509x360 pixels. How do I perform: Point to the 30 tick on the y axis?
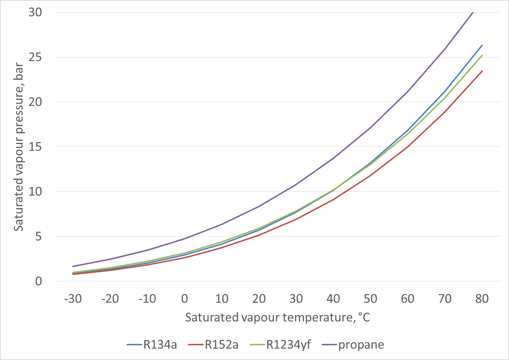coord(36,12)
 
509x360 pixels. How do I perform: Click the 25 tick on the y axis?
coord(36,57)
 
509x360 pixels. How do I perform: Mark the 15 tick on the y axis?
coord(36,147)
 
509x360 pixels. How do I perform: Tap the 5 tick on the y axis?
coord(38,237)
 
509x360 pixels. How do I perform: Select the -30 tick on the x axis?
coord(73,299)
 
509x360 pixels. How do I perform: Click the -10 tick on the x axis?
coord(147,299)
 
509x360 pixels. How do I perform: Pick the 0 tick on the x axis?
coord(185,299)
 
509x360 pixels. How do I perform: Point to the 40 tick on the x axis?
coord(333,299)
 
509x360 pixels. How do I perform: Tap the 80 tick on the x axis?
coord(482,299)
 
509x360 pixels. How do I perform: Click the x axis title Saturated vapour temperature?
coord(277,317)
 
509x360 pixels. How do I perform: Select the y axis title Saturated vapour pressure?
coord(19,147)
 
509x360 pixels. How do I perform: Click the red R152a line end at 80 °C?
coord(482,71)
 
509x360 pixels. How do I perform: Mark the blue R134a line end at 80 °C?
coord(482,45)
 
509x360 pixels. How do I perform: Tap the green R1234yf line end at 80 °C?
coord(482,55)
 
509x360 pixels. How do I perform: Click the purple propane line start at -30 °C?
coord(73,266)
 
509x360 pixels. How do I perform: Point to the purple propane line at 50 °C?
coord(371,127)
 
